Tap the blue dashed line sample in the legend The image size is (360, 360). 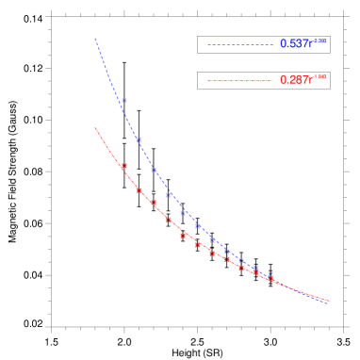(x=239, y=45)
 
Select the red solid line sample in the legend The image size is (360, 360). (x=239, y=81)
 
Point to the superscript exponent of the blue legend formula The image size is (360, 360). (x=319, y=41)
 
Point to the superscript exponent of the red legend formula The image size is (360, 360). (x=319, y=77)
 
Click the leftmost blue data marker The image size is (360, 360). (x=123, y=101)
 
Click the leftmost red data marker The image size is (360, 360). (x=123, y=167)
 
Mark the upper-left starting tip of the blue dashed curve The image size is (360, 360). (x=95, y=39)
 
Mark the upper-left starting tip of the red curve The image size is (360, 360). (x=95, y=128)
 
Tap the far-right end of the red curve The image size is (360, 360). (x=328, y=301)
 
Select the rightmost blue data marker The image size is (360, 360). (x=270, y=275)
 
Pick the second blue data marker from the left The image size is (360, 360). (x=139, y=139)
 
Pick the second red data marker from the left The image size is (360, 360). (x=139, y=190)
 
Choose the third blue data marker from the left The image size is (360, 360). (x=153, y=170)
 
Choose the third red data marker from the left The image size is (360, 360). (x=153, y=203)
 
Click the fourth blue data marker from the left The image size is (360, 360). (x=169, y=194)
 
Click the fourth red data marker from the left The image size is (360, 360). (x=169, y=221)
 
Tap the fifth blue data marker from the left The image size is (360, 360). (x=184, y=213)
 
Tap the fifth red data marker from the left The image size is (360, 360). (x=184, y=236)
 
